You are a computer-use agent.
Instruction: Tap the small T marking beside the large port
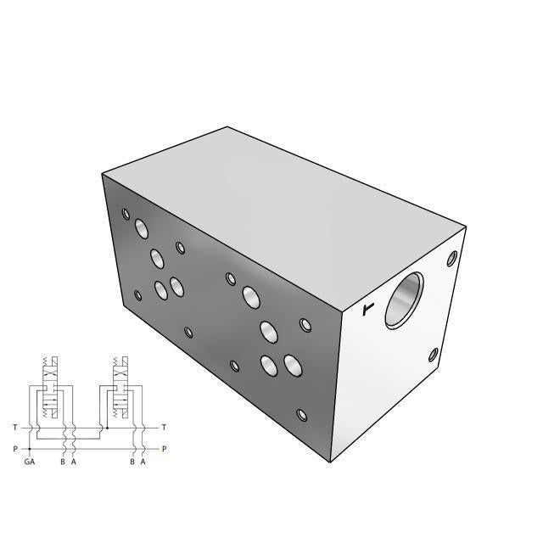[367, 310]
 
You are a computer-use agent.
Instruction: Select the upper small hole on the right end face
[452, 255]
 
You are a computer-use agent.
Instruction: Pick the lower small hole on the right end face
[434, 355]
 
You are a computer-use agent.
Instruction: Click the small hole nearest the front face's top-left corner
[126, 214]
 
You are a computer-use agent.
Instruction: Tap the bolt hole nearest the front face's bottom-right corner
[301, 415]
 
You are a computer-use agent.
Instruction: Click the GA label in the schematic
[30, 462]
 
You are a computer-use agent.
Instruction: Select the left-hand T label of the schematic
[14, 427]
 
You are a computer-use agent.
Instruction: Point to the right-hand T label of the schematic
[164, 427]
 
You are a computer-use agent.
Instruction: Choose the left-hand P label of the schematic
[14, 449]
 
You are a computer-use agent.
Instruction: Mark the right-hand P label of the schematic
[164, 449]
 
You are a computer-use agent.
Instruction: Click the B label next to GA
[62, 462]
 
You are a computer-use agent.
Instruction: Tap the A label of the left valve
[74, 462]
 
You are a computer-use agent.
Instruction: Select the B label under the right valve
[132, 462]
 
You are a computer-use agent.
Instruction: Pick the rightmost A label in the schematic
[143, 462]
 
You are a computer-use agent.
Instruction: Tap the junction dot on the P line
[31, 449]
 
